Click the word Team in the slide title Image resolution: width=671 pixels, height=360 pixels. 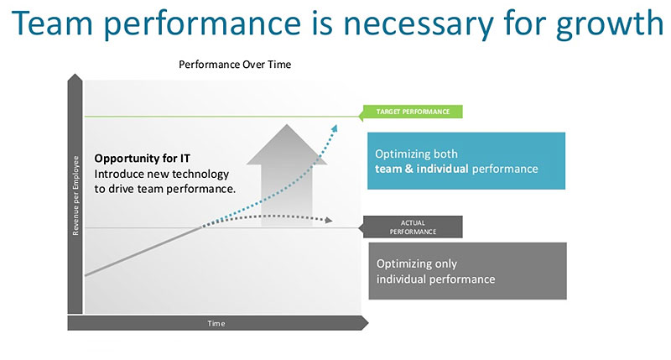(x=52, y=23)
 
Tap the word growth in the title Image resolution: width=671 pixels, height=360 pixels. (x=610, y=25)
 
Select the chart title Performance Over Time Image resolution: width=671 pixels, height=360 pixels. (x=235, y=65)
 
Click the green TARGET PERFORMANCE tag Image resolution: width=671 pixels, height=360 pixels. (x=411, y=112)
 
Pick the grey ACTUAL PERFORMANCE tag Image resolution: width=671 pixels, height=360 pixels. (x=411, y=227)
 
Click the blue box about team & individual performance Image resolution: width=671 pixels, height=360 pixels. (x=466, y=161)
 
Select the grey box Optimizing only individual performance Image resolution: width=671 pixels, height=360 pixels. (x=468, y=271)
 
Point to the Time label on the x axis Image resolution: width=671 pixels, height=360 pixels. (x=216, y=324)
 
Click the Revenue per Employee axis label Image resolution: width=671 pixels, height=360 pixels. (x=75, y=196)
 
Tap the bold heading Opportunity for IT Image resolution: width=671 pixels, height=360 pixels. (x=142, y=159)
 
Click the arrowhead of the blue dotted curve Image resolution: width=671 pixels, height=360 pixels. (x=334, y=128)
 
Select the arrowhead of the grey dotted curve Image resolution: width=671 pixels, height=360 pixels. (x=329, y=220)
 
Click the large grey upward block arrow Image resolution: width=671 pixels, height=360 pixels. (x=287, y=175)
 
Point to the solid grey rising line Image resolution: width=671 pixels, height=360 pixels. (x=143, y=251)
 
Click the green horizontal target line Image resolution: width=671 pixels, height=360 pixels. (x=221, y=117)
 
